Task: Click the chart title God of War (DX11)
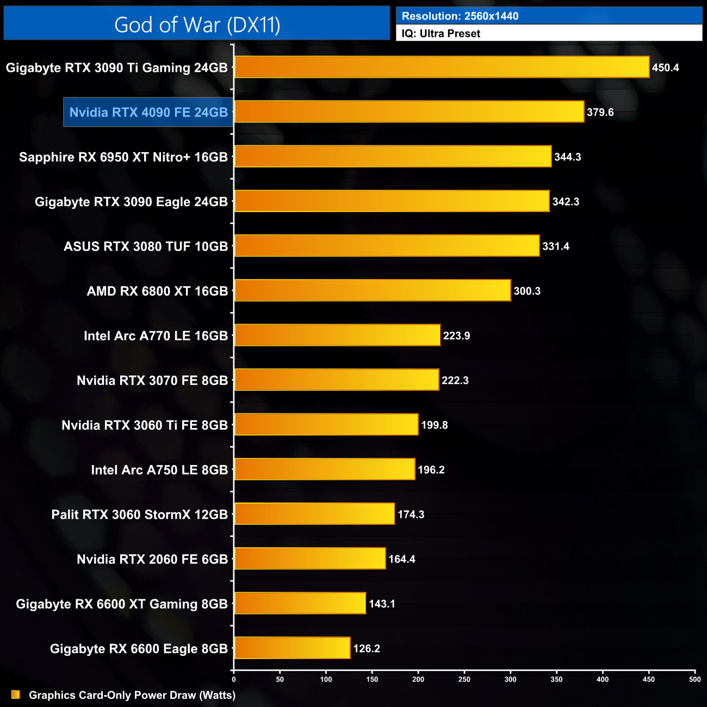[197, 25]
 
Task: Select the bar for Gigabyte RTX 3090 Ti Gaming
[442, 67]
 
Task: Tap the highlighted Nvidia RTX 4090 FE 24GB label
[148, 113]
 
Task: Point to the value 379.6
[600, 113]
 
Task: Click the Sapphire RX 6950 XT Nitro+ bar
[393, 157]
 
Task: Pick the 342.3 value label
[566, 202]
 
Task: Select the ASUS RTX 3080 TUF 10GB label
[146, 246]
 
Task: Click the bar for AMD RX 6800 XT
[373, 291]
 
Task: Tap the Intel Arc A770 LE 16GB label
[156, 336]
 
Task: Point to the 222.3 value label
[455, 381]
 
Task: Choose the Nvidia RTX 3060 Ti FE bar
[326, 425]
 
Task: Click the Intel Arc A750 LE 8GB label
[159, 470]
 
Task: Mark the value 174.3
[411, 514]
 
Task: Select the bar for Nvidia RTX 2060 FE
[310, 559]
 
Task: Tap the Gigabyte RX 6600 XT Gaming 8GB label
[122, 604]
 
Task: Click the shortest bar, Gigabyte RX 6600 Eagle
[292, 648]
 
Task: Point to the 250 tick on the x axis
[464, 679]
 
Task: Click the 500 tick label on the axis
[694, 679]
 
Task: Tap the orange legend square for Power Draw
[16, 695]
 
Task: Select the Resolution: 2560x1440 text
[460, 16]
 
